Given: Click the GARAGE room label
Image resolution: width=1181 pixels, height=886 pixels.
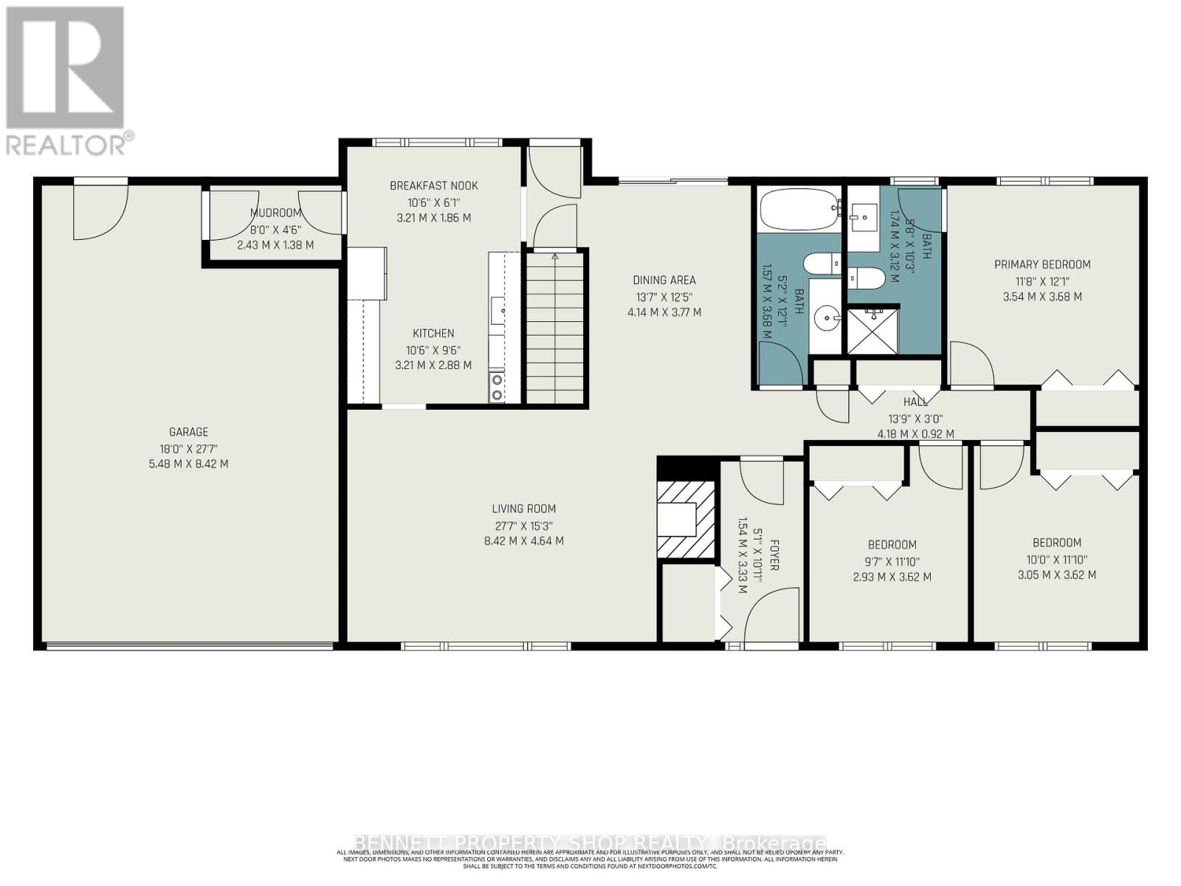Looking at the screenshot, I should click(x=188, y=432).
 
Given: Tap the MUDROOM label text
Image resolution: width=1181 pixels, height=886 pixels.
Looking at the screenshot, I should click(x=275, y=213).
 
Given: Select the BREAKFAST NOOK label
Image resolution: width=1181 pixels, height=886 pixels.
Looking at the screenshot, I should click(x=434, y=185).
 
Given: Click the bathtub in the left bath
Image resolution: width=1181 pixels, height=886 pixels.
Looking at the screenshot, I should click(x=800, y=209).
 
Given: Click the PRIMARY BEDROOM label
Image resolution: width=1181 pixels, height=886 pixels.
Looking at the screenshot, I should click(x=1042, y=264).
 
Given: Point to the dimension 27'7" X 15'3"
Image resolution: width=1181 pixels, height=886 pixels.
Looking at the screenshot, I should click(x=523, y=526).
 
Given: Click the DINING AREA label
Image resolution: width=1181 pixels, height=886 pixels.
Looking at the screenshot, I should click(x=664, y=280).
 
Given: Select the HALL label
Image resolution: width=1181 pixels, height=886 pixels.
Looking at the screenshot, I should click(x=915, y=402).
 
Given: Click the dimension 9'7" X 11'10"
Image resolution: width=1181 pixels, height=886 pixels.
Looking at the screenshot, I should click(x=892, y=561).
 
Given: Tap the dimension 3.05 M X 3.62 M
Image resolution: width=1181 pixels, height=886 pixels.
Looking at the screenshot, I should click(x=1057, y=575).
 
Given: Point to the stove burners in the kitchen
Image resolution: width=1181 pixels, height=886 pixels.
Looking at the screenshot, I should click(x=497, y=388).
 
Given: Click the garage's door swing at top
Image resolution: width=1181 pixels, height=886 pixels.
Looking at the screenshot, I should click(x=100, y=210).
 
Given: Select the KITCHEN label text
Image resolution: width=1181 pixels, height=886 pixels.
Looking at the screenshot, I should click(x=433, y=333).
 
